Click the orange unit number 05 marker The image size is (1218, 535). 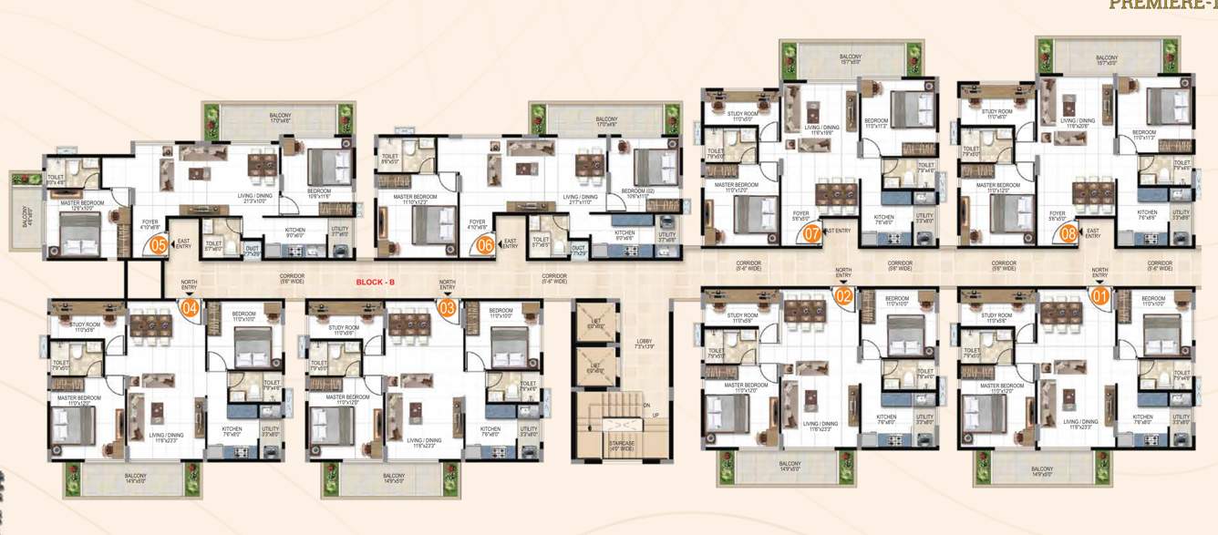(x=159, y=244)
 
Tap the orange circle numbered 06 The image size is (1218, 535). (x=485, y=244)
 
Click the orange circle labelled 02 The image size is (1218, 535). (x=843, y=295)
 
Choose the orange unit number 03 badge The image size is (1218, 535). (x=448, y=308)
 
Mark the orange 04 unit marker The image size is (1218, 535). (x=190, y=308)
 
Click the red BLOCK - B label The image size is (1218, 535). (x=375, y=283)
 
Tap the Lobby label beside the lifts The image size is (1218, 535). (x=644, y=345)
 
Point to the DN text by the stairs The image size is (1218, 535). (x=645, y=406)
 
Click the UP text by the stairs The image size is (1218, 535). (x=654, y=416)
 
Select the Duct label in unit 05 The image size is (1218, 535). (x=253, y=246)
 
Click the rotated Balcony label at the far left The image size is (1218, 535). (x=25, y=217)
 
